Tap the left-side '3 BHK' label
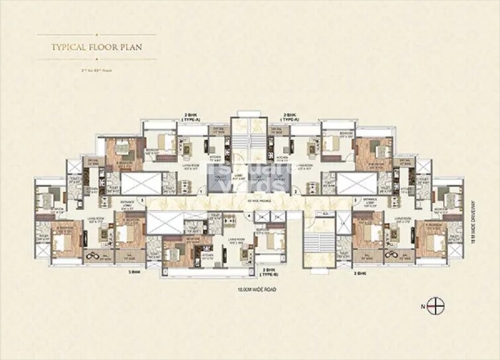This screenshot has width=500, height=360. pyautogui.click(x=136, y=271)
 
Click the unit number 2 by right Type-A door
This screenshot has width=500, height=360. pyautogui.click(x=292, y=191)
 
